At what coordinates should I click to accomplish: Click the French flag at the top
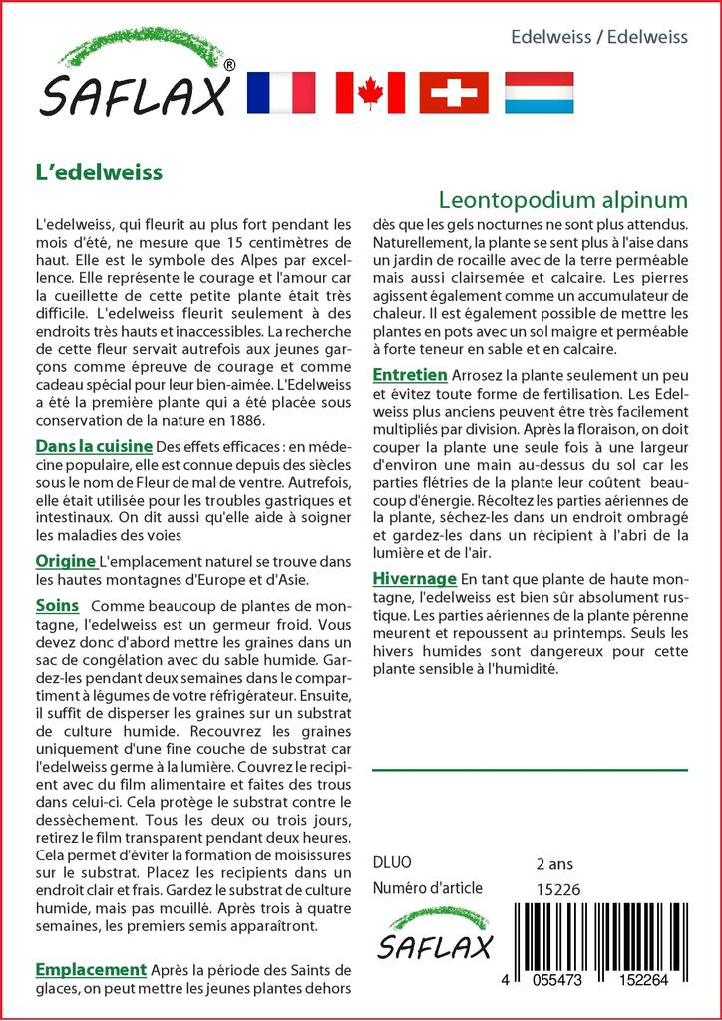tap(279, 92)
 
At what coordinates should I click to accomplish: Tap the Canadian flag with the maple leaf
tap(370, 92)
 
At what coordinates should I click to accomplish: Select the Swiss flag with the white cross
tap(454, 92)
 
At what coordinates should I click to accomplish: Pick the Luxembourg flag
tap(539, 92)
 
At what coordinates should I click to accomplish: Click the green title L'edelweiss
tap(98, 171)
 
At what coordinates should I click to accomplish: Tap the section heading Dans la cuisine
tap(94, 445)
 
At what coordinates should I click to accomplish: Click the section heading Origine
tap(65, 560)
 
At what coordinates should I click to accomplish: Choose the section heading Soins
tap(57, 606)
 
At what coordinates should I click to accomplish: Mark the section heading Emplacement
tap(91, 969)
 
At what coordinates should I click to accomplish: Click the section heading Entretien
tap(409, 375)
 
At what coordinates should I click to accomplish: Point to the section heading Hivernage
tap(414, 579)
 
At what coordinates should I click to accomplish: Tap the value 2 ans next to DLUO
tap(554, 863)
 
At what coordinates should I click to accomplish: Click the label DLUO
tap(391, 863)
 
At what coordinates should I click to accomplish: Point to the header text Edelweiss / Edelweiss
tap(598, 38)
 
